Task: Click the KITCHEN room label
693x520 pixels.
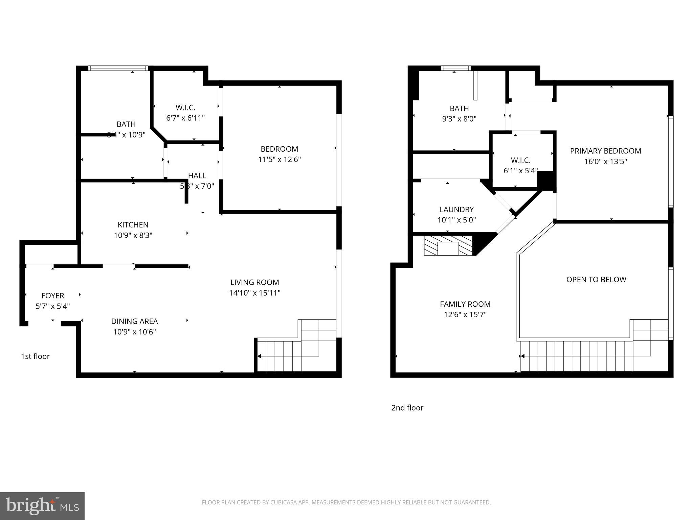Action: (x=133, y=225)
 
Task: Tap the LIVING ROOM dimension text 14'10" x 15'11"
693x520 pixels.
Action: (x=255, y=293)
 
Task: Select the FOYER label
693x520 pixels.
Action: (x=53, y=296)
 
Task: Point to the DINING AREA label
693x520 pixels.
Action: (x=134, y=321)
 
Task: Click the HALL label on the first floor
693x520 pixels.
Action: (x=197, y=176)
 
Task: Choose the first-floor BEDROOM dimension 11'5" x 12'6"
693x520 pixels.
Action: (x=279, y=159)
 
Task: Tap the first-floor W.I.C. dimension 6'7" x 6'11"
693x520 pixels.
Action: (x=185, y=118)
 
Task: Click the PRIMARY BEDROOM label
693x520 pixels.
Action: (x=605, y=151)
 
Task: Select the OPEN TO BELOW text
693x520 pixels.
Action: (x=596, y=280)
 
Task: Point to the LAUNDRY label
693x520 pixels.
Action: (x=456, y=210)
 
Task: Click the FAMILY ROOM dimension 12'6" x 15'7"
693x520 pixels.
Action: (x=465, y=315)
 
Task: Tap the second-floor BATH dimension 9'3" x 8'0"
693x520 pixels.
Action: (x=459, y=119)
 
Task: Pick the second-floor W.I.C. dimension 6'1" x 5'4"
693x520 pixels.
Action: (x=520, y=171)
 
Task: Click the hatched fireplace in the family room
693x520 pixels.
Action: (x=448, y=246)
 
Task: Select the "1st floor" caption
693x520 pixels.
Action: (x=35, y=356)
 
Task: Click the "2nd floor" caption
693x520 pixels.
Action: (x=407, y=408)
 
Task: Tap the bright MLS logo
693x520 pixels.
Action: (x=42, y=506)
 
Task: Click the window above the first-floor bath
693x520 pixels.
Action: (x=118, y=68)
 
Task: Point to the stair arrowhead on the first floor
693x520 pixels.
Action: (x=259, y=356)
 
